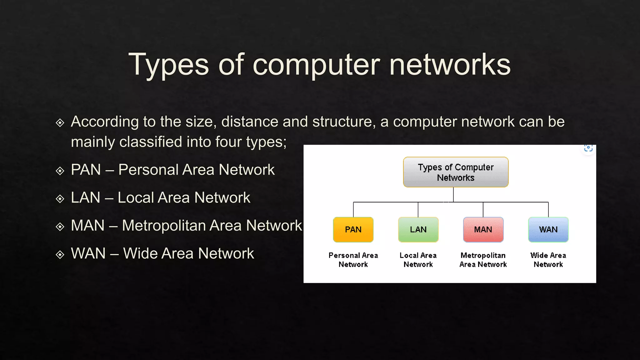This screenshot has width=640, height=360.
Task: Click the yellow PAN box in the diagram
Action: point(353,230)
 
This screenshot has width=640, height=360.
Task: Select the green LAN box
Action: point(418,230)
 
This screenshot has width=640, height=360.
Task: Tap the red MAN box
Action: point(483,230)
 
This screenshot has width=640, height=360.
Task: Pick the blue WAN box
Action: point(548,230)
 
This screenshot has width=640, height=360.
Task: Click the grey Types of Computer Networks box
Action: point(456,172)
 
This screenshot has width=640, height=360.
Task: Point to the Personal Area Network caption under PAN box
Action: point(353,260)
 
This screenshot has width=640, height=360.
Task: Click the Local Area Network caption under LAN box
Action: point(418,260)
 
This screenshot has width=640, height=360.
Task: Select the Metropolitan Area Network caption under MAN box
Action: point(483,260)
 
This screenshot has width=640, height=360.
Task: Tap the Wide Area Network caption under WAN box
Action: point(548,260)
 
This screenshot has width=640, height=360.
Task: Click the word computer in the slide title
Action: point(316,65)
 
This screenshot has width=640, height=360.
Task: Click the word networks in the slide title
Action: point(450,65)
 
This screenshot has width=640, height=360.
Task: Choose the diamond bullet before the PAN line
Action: point(60,171)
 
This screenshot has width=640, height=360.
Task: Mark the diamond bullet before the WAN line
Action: point(60,255)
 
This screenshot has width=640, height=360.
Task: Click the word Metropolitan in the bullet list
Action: point(182,226)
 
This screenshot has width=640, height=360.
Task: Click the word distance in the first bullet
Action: point(250,122)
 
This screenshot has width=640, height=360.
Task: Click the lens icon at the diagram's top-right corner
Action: point(588,148)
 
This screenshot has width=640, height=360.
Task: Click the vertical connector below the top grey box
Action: point(453,194)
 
